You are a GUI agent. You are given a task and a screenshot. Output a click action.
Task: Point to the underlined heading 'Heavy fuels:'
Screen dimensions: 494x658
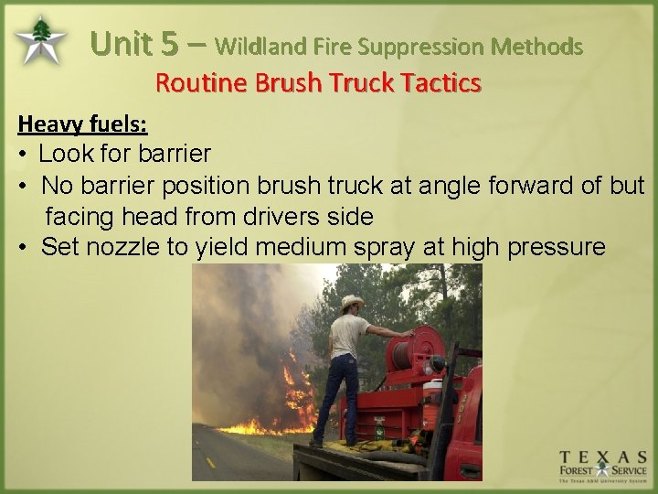(x=82, y=123)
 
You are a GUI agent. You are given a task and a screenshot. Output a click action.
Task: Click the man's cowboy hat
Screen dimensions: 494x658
(x=352, y=303)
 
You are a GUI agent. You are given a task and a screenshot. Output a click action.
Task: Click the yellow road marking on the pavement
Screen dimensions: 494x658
(x=211, y=463)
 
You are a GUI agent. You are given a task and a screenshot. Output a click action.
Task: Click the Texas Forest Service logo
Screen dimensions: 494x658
(x=603, y=467)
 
